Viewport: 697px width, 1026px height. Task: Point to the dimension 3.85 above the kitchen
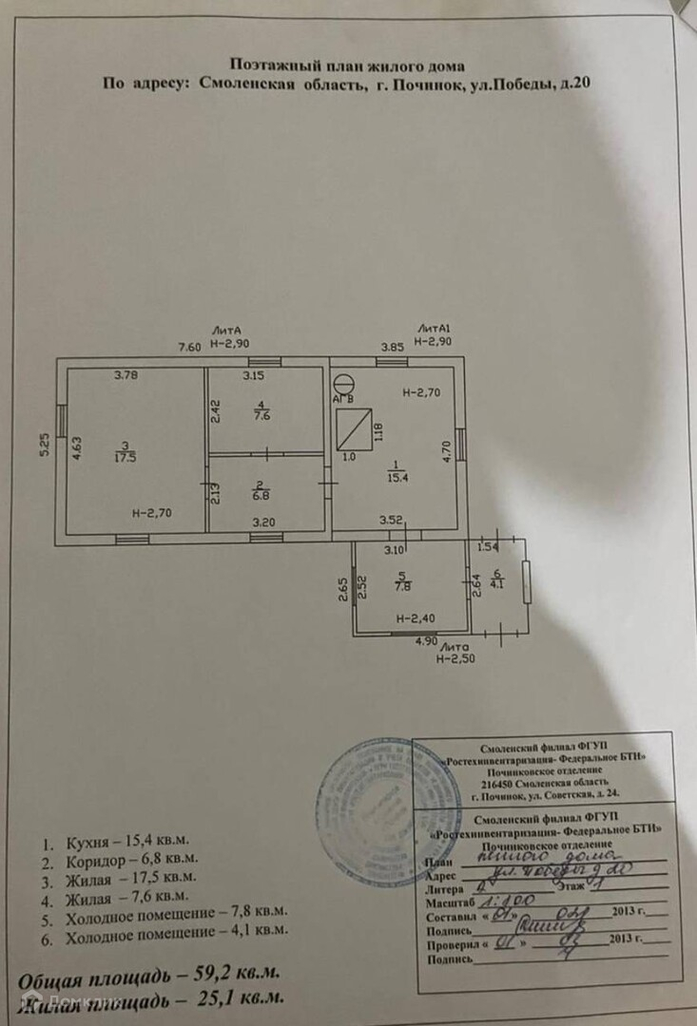[x=393, y=348]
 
